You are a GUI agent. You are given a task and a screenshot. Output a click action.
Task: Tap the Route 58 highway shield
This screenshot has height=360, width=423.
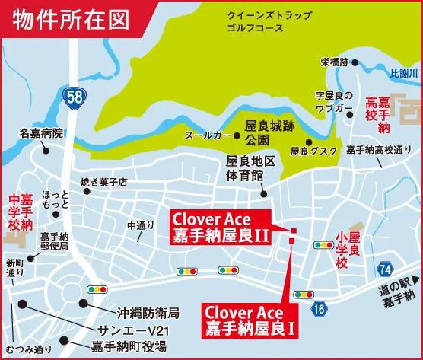[73, 97]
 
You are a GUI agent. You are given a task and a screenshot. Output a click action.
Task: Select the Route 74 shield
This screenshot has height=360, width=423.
[385, 268]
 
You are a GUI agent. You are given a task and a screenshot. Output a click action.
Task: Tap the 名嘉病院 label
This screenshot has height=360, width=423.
[42, 133]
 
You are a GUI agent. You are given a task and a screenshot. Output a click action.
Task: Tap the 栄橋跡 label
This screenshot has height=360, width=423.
[334, 62]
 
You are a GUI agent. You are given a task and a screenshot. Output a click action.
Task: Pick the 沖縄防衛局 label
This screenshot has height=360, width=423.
[148, 312]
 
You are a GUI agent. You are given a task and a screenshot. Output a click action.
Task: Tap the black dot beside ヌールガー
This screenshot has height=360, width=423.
[237, 136]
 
